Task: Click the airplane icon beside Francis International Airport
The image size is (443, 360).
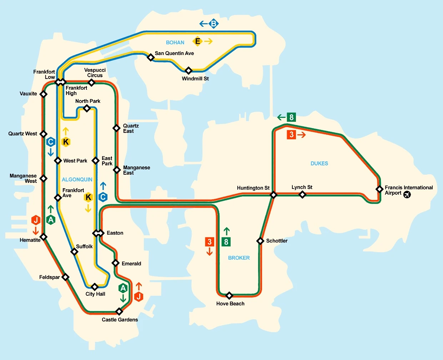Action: click(407, 195)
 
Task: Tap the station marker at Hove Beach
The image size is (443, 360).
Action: click(230, 295)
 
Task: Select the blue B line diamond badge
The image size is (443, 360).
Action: click(213, 24)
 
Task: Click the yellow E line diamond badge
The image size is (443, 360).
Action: click(197, 41)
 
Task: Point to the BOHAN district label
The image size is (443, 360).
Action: click(175, 42)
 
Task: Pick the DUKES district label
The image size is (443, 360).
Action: click(319, 164)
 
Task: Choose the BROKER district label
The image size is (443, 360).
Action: click(239, 258)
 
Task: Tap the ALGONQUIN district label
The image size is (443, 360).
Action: click(77, 180)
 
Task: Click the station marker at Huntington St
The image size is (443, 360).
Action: click(273, 195)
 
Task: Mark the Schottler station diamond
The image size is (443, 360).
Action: click(261, 241)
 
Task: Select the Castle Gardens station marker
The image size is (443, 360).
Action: click(119, 311)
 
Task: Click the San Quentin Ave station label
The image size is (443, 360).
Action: click(174, 53)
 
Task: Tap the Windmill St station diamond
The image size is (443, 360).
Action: click(188, 70)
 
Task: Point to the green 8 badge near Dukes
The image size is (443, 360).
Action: click(291, 117)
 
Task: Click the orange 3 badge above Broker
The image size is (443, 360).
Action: click(210, 242)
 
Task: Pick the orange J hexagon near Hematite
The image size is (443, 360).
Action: click(36, 220)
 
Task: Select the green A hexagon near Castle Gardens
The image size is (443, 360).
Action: click(123, 288)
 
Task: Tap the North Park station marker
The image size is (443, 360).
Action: click(87, 108)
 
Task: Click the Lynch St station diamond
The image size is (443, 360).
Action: click(302, 195)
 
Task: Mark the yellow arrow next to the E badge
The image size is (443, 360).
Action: click(208, 41)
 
